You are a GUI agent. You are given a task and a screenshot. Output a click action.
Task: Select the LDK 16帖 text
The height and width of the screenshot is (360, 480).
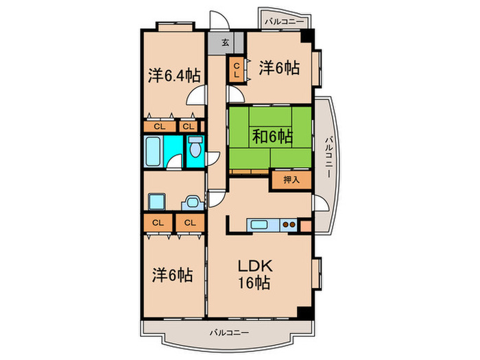click(x=253, y=274)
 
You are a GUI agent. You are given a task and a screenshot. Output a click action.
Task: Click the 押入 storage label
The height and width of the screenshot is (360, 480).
click(x=291, y=180)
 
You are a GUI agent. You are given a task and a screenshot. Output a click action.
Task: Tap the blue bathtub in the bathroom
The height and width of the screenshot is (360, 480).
click(x=154, y=151)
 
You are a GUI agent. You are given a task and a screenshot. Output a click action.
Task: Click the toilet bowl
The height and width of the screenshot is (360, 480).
click(x=195, y=149)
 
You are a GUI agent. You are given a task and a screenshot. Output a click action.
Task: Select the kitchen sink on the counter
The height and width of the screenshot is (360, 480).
click(x=261, y=224)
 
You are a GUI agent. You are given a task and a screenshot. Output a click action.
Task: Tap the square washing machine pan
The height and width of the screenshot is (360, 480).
click(x=157, y=202)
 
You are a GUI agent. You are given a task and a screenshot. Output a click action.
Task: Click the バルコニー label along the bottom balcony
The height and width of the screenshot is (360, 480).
click(x=229, y=333)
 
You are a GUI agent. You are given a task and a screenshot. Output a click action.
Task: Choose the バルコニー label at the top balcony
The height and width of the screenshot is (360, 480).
click(x=281, y=22)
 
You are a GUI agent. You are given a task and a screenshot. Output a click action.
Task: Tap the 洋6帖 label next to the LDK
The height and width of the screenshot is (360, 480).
click(x=171, y=276)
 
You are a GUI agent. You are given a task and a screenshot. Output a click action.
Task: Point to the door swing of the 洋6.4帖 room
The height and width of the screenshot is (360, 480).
click(x=198, y=97)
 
